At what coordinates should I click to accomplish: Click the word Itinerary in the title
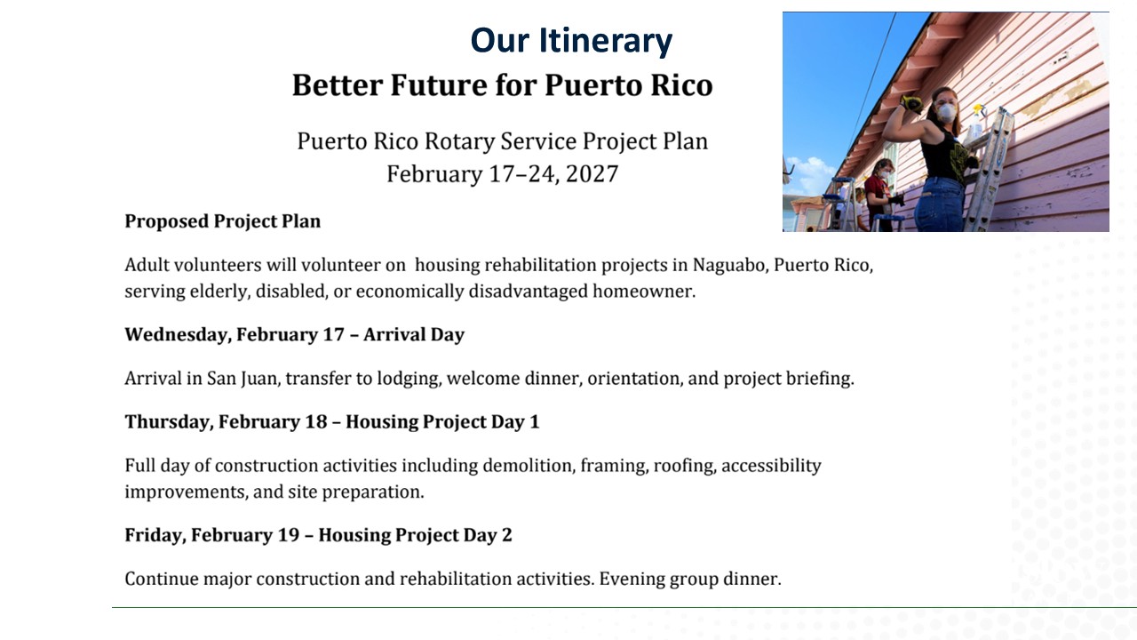pos(605,41)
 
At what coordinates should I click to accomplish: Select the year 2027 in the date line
pos(592,173)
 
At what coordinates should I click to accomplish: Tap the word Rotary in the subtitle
pos(459,141)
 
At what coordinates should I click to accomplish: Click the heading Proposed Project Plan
pos(222,221)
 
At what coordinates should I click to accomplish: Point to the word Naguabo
pos(730,265)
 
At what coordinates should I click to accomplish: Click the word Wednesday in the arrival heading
pos(178,335)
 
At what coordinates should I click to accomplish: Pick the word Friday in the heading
pos(155,535)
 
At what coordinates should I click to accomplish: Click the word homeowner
pos(644,292)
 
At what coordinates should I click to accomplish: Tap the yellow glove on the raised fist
pos(911,104)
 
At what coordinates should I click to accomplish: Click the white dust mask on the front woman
pos(946,112)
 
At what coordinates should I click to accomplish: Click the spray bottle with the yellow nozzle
pos(974,124)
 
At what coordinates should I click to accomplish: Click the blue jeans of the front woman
pos(940,205)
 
